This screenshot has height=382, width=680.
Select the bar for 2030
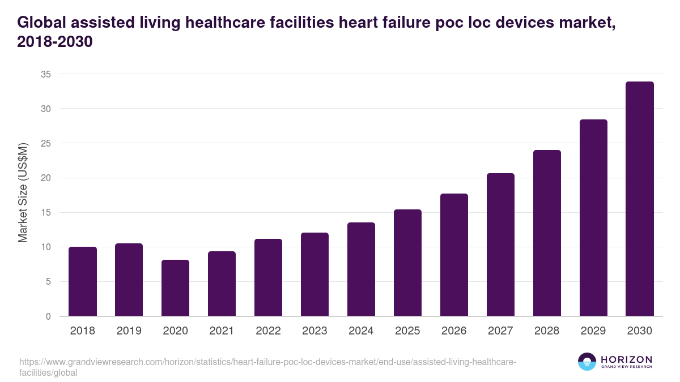point(640,199)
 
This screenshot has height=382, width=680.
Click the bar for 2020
point(175,288)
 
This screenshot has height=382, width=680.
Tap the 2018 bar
point(83,281)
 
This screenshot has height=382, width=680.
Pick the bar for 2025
point(407,263)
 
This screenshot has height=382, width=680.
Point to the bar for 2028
point(547,233)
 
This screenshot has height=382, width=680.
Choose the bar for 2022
point(268,277)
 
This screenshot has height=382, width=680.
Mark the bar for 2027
point(500,244)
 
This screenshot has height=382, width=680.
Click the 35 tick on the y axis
point(46,74)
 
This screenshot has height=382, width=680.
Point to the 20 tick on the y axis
point(46,178)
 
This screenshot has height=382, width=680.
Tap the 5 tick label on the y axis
point(48,282)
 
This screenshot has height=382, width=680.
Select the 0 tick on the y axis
point(48,316)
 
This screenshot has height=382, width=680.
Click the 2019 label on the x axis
point(129,331)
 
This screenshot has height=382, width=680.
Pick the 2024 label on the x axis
point(361,331)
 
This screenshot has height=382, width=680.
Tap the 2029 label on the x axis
point(593,331)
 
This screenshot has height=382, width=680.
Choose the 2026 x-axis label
point(454,331)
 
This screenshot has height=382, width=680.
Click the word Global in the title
point(43,23)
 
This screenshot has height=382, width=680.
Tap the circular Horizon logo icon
point(586,362)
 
